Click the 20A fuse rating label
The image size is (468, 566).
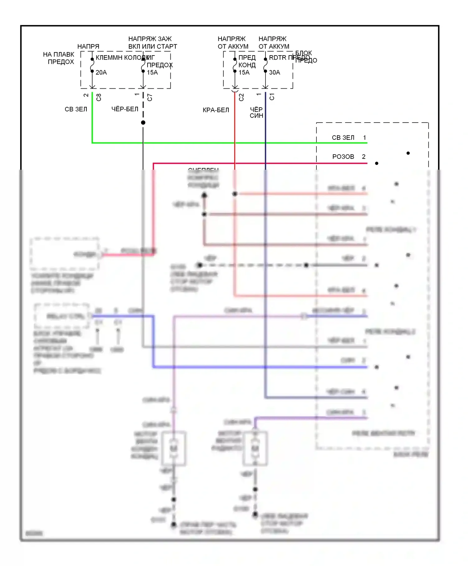pos(101,72)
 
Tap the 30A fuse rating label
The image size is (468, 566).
pos(274,72)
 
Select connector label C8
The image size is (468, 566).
pos(99,97)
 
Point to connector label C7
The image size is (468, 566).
pos(150,97)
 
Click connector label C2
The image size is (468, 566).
pos(241,97)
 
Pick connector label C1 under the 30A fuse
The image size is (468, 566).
pos(272,97)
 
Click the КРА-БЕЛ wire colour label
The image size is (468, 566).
pos(216,110)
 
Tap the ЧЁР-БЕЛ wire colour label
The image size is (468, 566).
pos(125,109)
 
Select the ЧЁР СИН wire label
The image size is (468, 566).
pos(256,113)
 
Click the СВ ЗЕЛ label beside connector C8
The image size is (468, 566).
pos(76,109)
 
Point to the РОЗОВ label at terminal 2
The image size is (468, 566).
pos(343,157)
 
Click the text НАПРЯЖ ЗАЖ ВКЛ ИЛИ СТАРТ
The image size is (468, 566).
pos(153,43)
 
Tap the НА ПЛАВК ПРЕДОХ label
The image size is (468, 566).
pos(59,58)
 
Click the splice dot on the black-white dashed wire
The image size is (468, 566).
pos(143,123)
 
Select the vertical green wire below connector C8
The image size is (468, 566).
pos(92,119)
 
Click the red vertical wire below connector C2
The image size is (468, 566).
pos(235,131)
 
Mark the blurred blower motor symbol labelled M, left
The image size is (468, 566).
pos(173,448)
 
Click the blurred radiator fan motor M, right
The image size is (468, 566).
pos(255,448)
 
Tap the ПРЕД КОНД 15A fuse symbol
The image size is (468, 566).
pos(235,65)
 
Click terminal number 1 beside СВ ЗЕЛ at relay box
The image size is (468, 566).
pos(364,138)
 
